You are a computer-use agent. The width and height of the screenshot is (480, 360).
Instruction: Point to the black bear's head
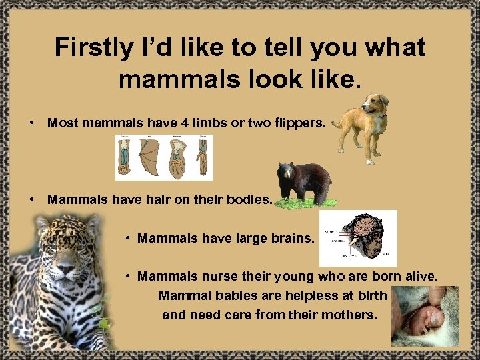(287, 174)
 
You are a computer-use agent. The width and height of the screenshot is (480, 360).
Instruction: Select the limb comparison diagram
(164, 157)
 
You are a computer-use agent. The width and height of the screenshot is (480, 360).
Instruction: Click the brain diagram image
(358, 238)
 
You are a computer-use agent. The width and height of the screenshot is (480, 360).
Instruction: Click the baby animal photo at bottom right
(425, 316)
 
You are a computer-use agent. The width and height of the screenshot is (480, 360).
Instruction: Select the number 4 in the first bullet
(183, 123)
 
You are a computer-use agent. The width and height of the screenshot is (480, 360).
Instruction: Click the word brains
(292, 238)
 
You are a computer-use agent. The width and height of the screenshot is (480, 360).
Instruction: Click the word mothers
(353, 314)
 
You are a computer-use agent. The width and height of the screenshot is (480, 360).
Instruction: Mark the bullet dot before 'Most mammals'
(31, 123)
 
